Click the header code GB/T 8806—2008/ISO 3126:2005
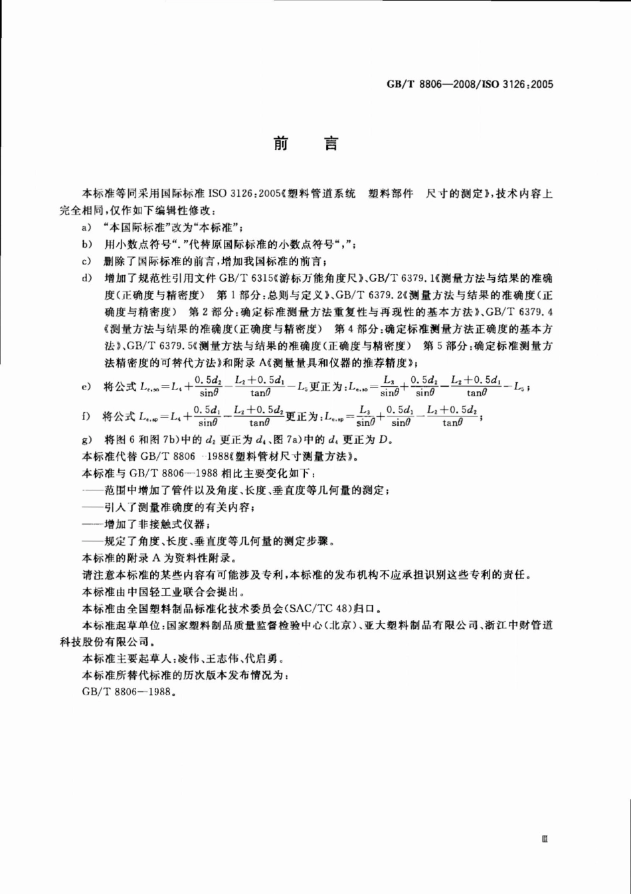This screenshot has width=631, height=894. [470, 84]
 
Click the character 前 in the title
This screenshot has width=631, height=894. [281, 144]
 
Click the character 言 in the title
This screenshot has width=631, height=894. [330, 144]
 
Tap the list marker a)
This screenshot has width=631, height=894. [86, 227]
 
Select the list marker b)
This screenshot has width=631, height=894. [86, 244]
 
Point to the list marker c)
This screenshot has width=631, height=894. [86, 261]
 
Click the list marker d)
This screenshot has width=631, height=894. [86, 277]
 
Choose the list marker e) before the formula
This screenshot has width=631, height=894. [86, 386]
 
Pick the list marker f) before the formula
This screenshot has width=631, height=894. [86, 417]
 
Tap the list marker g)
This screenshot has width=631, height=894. [86, 439]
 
